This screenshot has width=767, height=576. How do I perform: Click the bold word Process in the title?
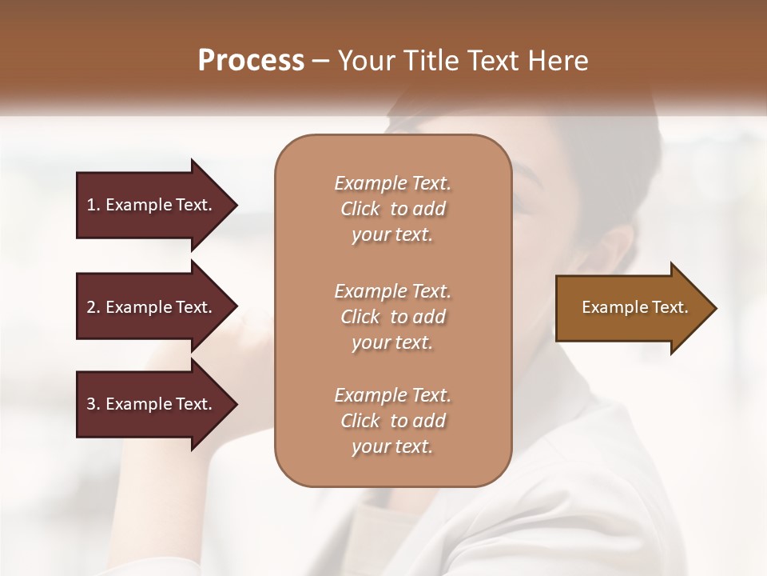coord(251,61)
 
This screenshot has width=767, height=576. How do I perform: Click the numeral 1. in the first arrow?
coord(93,205)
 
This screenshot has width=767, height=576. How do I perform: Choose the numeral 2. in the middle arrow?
coord(93,307)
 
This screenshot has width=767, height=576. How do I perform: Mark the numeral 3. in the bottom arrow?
coord(93,404)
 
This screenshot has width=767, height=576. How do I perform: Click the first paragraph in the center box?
coord(392,209)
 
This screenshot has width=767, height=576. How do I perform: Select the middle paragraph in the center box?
coord(392,317)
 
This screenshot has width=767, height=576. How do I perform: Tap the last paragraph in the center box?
coord(392,421)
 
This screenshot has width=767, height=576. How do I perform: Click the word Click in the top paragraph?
coord(360,209)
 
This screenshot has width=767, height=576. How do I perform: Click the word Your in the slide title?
coord(364,61)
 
